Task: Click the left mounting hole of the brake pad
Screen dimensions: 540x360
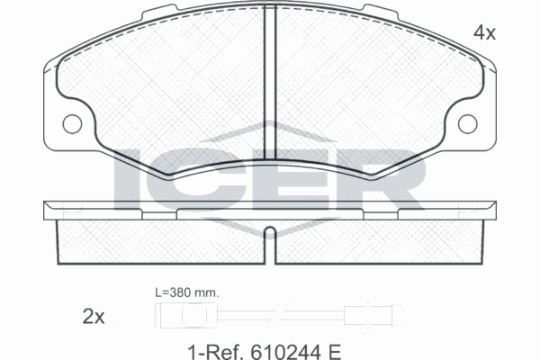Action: click(72, 124)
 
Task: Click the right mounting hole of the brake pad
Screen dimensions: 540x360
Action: click(468, 124)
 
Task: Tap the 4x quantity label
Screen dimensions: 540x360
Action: click(484, 33)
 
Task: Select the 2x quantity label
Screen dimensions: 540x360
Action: click(94, 317)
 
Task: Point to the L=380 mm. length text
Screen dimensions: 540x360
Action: click(186, 292)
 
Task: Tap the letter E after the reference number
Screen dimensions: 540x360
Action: click(335, 352)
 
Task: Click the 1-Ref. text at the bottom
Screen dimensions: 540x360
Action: click(216, 352)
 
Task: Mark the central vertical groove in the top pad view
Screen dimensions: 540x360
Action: click(270, 83)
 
